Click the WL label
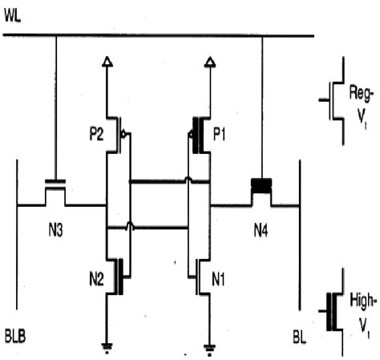pos(11,15)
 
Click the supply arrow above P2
pos(107,62)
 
